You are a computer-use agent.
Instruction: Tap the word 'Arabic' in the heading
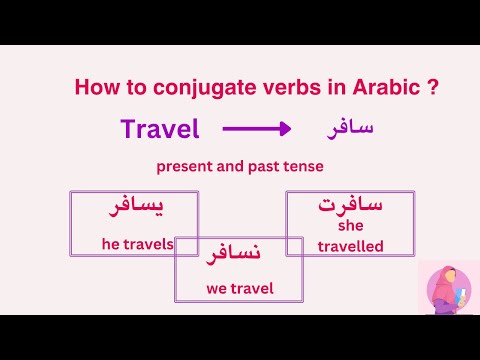coord(384,88)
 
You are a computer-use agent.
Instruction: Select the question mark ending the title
coord(432,88)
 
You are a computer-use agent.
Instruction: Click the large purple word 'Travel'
coord(160,129)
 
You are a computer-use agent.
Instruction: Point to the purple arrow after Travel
coord(256,129)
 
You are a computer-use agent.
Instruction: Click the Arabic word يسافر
coord(134,209)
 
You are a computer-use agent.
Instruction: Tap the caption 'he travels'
coord(138,243)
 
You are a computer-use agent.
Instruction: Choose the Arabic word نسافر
coord(234,256)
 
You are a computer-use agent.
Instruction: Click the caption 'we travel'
coord(239,290)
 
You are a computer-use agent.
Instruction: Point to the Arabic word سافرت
coord(350,205)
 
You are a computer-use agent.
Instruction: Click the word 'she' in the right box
coord(351,226)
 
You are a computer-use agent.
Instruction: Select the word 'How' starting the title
coord(93,88)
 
